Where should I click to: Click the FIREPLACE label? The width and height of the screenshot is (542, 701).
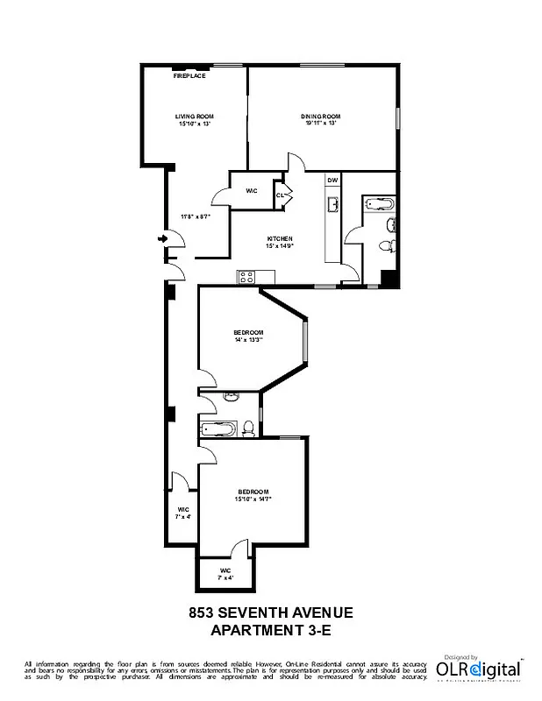(x=189, y=77)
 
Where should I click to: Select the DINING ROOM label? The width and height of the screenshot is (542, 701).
(x=322, y=117)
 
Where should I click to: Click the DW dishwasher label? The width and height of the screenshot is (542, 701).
(x=332, y=181)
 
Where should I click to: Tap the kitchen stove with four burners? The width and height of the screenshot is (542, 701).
(x=246, y=278)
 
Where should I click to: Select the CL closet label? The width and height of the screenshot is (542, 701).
(x=280, y=195)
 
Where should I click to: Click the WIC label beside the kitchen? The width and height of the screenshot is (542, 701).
(x=250, y=189)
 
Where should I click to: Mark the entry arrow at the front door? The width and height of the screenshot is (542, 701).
(x=163, y=237)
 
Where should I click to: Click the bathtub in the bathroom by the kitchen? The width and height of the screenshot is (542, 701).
(x=380, y=204)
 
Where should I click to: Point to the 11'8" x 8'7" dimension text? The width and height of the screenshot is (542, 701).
(x=195, y=216)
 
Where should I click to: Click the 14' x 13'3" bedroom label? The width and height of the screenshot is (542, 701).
(x=249, y=336)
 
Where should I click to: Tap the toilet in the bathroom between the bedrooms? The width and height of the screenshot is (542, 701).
(x=249, y=428)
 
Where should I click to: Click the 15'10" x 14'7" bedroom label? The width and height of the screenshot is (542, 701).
(x=253, y=495)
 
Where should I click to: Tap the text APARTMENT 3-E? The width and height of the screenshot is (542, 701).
(x=271, y=630)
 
